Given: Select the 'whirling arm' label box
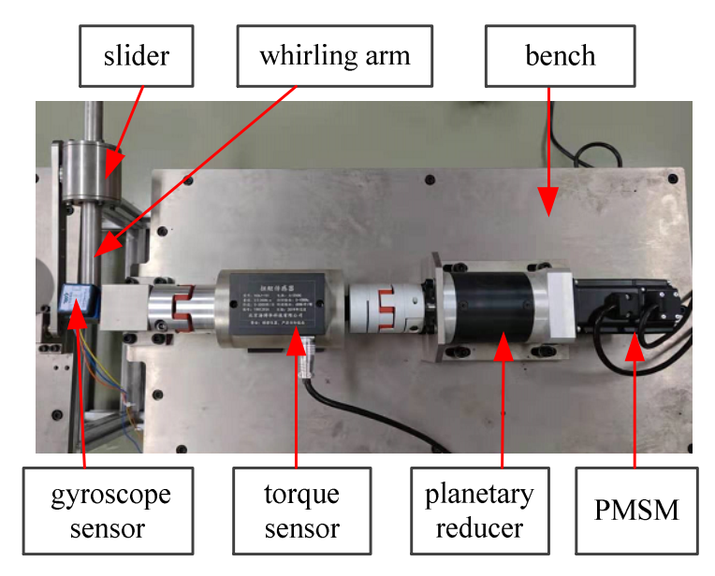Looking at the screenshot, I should click(x=335, y=55).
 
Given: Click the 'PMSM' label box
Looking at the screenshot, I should click(x=635, y=511).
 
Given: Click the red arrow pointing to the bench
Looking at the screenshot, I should click(x=548, y=150).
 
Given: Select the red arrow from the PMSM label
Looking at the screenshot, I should click(x=635, y=402).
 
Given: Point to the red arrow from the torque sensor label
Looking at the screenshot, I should click(x=297, y=402).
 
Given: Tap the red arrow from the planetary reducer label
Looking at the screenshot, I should click(x=503, y=402).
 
